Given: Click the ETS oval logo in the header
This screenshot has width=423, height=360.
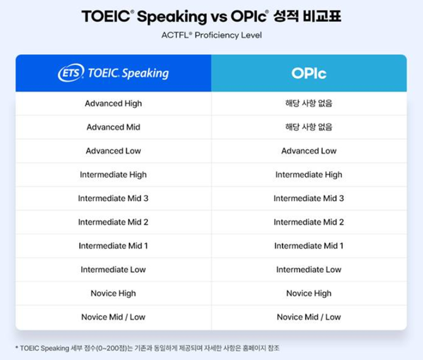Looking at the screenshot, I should click(x=70, y=73).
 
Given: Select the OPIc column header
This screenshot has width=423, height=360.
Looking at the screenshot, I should click(x=309, y=73).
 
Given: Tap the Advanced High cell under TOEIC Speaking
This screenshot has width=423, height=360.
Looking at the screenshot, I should click(x=114, y=104).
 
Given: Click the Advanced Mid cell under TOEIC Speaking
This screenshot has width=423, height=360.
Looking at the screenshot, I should click(x=114, y=128).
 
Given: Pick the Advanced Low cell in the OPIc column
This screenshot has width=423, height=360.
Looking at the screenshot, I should click(x=309, y=151).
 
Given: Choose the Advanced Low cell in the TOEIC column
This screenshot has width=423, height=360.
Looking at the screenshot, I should click(x=114, y=151).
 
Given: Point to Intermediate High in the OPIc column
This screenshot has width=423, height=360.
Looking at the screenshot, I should click(x=309, y=175).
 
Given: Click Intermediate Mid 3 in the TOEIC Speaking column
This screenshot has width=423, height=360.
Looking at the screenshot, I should click(x=114, y=199).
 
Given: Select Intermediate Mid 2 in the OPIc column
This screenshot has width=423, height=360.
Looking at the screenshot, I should click(x=309, y=222).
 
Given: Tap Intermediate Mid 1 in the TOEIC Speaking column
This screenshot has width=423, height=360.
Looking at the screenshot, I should click(x=114, y=246).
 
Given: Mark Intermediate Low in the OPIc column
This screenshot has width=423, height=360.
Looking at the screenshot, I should click(x=309, y=270).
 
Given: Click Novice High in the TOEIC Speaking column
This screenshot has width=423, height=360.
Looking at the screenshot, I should click(x=114, y=293).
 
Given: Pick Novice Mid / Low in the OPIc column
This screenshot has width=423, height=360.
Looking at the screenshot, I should click(x=309, y=317).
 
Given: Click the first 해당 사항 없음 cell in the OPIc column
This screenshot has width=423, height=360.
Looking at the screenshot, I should click(x=309, y=104).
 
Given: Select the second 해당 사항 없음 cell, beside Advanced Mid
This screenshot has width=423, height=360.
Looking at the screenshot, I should click(x=309, y=128).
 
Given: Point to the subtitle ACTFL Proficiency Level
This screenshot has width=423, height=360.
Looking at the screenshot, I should click(x=211, y=35).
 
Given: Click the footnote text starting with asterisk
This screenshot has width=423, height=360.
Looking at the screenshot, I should click(x=152, y=348).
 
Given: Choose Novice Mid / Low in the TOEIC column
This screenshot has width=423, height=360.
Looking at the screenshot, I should click(x=114, y=317).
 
